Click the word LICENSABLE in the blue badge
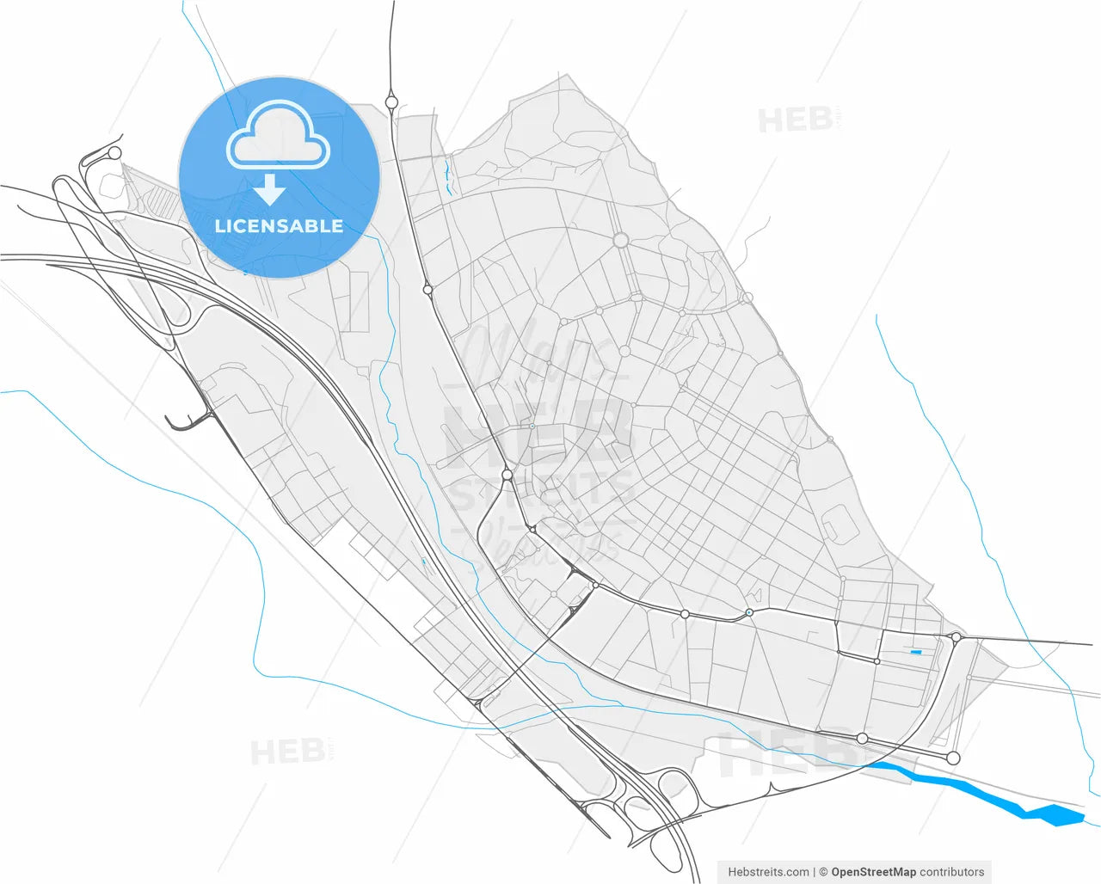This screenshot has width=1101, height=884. click(x=279, y=226)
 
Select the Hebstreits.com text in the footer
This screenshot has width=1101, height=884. click(x=768, y=872)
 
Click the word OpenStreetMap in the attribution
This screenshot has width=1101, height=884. click(x=873, y=872)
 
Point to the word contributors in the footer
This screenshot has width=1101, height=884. click(x=952, y=872)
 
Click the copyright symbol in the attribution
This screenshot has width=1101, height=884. click(x=823, y=872)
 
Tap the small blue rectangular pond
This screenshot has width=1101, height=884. click(x=916, y=653)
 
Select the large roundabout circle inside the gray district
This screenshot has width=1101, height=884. click(x=621, y=241)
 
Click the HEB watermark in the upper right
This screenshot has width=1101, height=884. click(x=796, y=120)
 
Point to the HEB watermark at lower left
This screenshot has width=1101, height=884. click(x=288, y=752)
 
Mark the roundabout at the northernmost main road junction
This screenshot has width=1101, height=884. click(x=391, y=102)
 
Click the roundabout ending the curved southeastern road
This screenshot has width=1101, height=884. click(x=953, y=758)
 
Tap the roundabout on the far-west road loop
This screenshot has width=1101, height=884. click(x=114, y=153)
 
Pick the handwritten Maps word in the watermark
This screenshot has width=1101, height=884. click(x=533, y=353)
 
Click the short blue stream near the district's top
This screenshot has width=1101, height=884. click(x=447, y=176)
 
